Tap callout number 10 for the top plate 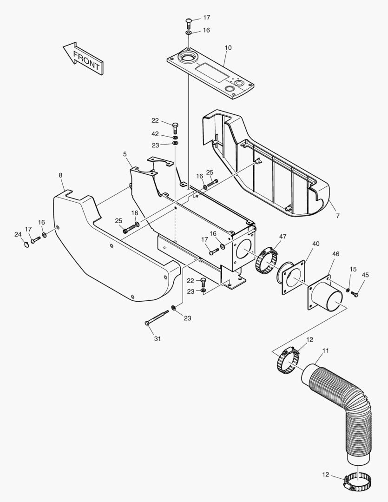tap(228, 48)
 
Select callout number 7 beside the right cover tap(338, 216)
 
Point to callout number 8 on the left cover tap(61, 175)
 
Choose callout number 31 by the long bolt tap(158, 339)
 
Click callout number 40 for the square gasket tap(316, 244)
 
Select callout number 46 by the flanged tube tap(336, 254)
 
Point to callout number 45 tap(365, 275)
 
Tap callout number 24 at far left tap(18, 234)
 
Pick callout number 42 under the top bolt tap(155, 134)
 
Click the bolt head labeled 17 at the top tap(189, 22)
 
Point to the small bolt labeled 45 tap(355, 294)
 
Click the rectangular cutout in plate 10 tap(211, 72)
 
